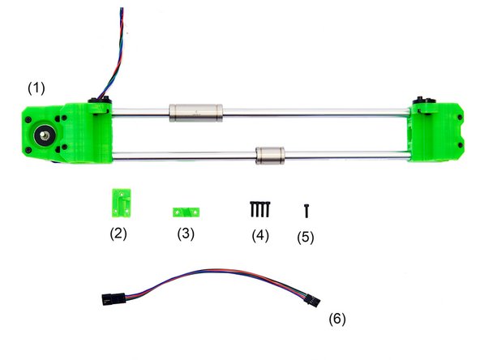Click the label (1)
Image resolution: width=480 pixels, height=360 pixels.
[38, 85]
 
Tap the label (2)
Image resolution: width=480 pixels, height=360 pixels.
[118, 235]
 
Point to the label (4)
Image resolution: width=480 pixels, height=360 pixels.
[259, 236]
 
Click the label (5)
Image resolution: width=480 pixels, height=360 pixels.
[306, 238]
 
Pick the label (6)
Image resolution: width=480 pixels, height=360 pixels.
[337, 318]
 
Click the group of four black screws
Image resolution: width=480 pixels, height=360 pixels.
[259, 208]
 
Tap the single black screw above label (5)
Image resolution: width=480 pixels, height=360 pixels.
[307, 209]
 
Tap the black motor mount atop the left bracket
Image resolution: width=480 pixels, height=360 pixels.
[100, 103]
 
